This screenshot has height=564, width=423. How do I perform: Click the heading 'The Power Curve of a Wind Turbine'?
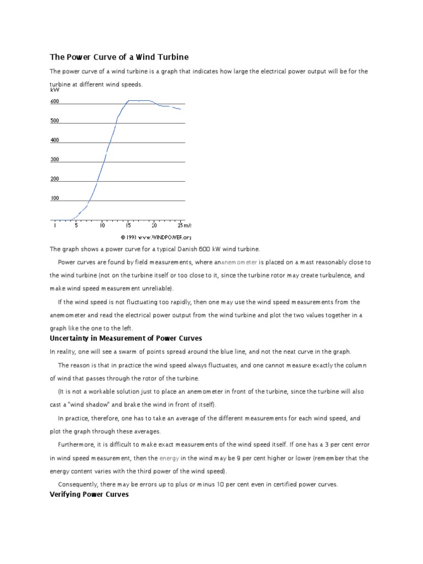[x=120, y=57]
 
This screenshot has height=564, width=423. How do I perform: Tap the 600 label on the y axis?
[x=55, y=102]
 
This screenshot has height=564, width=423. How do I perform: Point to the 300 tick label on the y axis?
[x=55, y=160]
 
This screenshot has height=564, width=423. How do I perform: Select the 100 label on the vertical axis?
[x=55, y=198]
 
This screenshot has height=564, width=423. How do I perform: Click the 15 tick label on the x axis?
[x=128, y=225]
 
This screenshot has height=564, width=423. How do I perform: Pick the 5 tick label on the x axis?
[x=76, y=225]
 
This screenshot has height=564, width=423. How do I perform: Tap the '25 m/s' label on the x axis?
[x=184, y=225]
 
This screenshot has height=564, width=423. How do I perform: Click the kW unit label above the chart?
[x=54, y=89]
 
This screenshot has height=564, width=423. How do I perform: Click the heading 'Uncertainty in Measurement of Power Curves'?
[x=126, y=338]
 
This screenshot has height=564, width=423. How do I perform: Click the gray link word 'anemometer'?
[x=239, y=262]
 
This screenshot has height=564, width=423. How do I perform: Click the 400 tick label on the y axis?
[x=55, y=140]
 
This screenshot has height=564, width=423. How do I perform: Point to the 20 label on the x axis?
[x=154, y=225]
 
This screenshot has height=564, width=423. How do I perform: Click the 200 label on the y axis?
[x=55, y=179]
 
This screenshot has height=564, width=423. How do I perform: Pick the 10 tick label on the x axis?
[x=102, y=225]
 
